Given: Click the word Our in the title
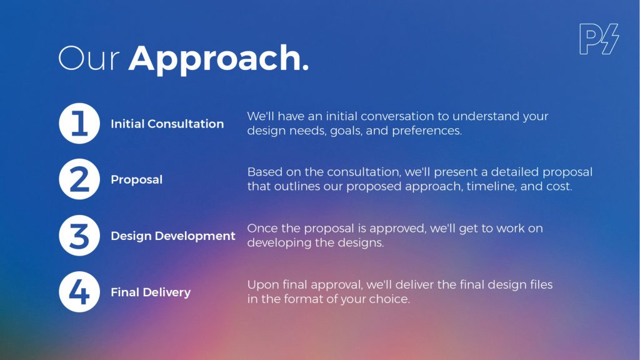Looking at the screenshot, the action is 89,58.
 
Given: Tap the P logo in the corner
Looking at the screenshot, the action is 599,39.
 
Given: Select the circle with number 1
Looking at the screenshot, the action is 79,123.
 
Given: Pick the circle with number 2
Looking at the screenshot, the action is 79,179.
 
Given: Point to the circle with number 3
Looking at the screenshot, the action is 79,236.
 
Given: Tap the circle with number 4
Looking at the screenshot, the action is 79,292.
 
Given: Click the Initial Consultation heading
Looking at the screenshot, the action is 167,124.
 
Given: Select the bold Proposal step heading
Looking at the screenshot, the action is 137,179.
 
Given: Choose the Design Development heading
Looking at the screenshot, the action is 173,236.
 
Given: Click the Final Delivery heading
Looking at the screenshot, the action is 151,292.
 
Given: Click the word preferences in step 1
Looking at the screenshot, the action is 427,131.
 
